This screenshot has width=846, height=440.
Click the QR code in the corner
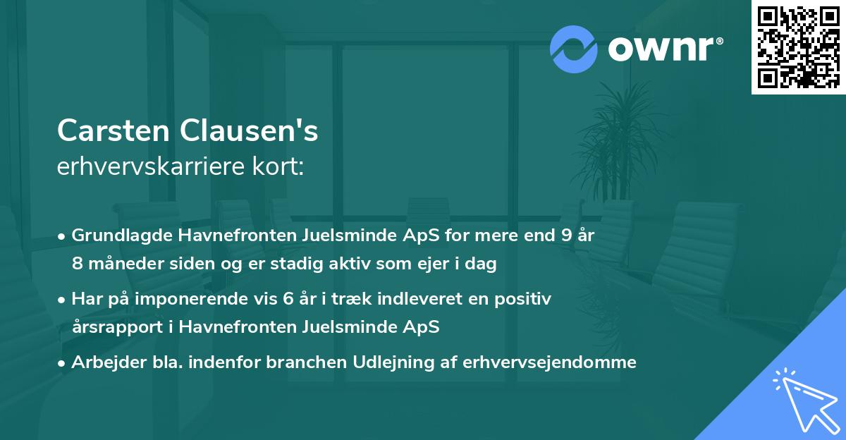click(x=798, y=47)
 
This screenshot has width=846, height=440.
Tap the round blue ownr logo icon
click(x=574, y=49)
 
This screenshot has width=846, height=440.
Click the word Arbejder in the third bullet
click(x=104, y=362)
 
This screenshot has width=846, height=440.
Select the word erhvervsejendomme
click(x=550, y=362)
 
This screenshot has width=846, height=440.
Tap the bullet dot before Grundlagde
click(x=62, y=236)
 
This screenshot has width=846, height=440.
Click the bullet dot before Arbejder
click(x=62, y=363)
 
